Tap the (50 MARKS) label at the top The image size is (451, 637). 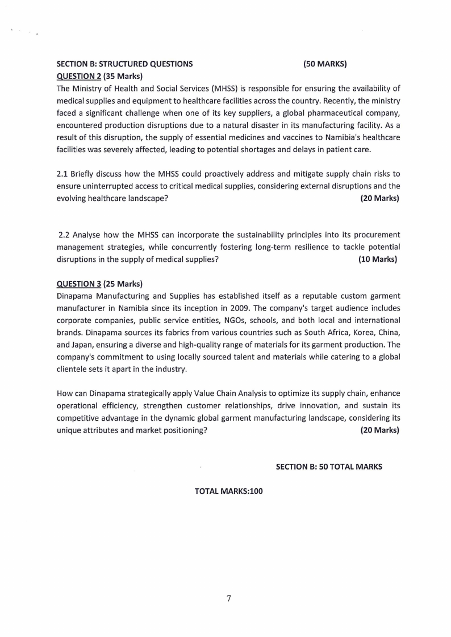pyautogui.click(x=325, y=64)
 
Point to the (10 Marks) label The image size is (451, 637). pyautogui.click(x=378, y=259)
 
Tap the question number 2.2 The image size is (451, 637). pyautogui.click(x=65, y=234)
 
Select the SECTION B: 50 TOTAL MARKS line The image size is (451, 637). pyautogui.click(x=329, y=467)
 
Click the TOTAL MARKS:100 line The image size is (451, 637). pyautogui.click(x=229, y=492)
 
